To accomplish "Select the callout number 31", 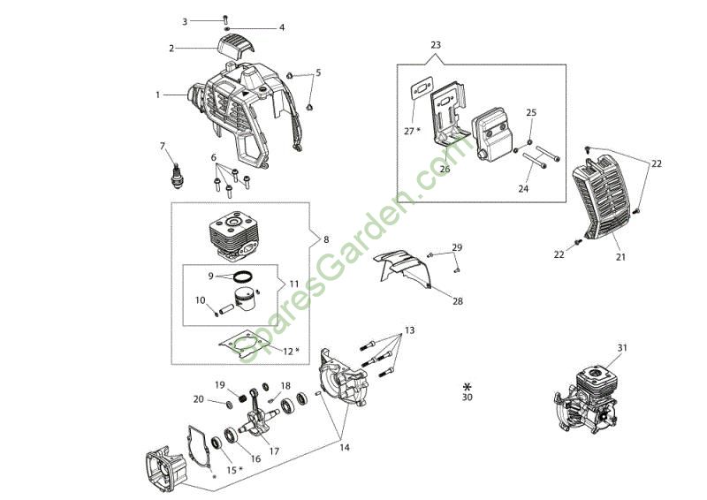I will tap(622, 348).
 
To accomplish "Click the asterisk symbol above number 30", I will tap(468, 386).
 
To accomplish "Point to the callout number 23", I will tap(436, 44).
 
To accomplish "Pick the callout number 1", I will tap(158, 93).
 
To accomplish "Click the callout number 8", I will tap(326, 239).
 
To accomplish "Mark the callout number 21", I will tap(620, 257).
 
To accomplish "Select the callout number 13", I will tap(409, 330).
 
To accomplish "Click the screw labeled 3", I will tap(225, 19).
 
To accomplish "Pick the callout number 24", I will tap(524, 188).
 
